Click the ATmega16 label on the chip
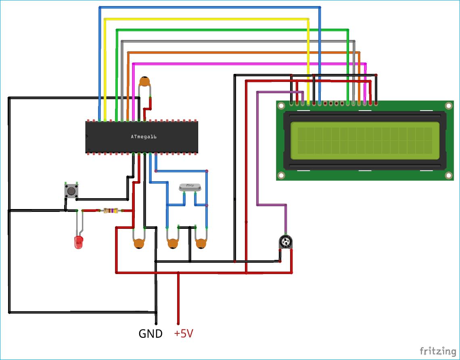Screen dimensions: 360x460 tap(143, 137)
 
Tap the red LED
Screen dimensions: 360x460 tap(78, 242)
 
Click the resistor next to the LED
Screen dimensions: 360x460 tap(111, 210)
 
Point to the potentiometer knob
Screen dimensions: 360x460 tap(286, 242)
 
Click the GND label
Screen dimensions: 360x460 tap(151, 334)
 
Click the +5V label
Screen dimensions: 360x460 tap(184, 334)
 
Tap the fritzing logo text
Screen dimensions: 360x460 tap(436, 350)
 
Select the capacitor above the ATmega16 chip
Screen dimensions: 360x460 tap(144, 82)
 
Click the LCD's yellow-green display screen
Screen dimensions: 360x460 tap(364, 140)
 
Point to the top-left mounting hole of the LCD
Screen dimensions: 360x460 tap(281, 106)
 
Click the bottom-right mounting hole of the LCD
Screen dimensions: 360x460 tap(448, 176)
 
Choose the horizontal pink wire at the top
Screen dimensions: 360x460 tap(242, 63)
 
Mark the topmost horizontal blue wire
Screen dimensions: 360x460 tap(210, 7)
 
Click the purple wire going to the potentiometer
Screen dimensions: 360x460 tap(257, 161)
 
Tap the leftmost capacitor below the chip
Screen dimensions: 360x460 tap(139, 243)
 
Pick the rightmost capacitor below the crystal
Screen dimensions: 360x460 tap(201, 243)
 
